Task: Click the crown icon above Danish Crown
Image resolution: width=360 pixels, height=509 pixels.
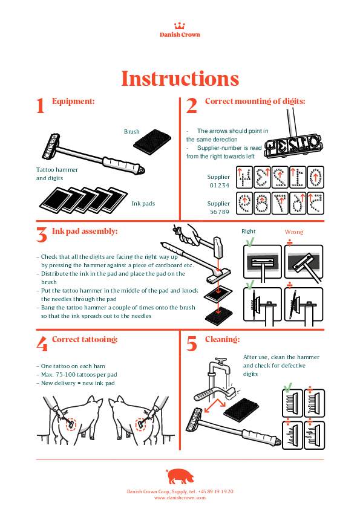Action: pos(179,25)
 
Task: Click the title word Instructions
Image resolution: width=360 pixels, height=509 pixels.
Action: pos(180,79)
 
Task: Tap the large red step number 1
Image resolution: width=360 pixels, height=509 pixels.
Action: pos(41,106)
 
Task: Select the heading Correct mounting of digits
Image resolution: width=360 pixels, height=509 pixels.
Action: pos(255,102)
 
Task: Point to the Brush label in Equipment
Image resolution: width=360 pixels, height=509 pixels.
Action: pos(131,131)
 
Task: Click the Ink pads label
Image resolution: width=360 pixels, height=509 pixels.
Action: pos(143,204)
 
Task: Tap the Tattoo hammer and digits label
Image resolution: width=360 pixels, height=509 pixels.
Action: pos(57,173)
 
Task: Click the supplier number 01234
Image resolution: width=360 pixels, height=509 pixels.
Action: pos(219,186)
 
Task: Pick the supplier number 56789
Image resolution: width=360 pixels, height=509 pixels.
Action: pos(219,212)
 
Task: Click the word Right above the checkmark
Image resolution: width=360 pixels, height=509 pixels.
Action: pos(248,231)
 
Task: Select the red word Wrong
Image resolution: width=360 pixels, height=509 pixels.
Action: pos(294,232)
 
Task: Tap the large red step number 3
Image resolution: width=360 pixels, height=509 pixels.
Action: pos(42,235)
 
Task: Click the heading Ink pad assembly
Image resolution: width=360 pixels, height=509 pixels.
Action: pos(85,231)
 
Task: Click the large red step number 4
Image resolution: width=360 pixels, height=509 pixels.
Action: pos(42,343)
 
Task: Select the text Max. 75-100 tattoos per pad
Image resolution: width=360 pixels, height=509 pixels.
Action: pos(79,375)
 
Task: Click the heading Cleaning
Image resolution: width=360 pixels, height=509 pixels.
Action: pos(222,340)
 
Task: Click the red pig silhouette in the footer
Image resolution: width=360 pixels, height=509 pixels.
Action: pos(180,476)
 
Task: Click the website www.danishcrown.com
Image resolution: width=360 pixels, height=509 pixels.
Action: pos(180,498)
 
